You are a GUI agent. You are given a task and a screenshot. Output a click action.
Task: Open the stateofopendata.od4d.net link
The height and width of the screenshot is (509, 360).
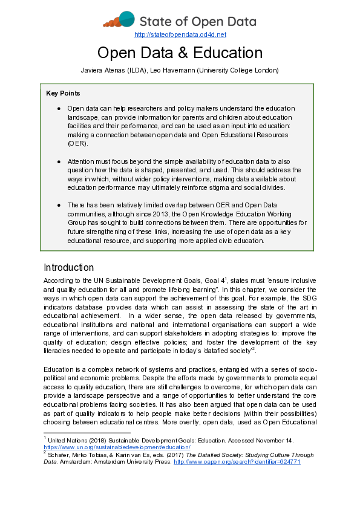[180, 35]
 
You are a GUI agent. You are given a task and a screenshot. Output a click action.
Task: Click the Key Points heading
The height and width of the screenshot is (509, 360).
[63, 93]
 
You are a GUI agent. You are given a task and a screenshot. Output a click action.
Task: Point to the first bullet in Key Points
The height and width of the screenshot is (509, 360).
[59, 108]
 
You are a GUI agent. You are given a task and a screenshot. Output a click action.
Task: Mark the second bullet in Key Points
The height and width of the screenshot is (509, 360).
[59, 162]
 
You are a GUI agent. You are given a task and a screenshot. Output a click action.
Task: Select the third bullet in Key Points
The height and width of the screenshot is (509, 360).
[59, 206]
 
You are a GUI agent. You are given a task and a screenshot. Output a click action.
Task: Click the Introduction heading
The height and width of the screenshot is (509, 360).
[68, 268]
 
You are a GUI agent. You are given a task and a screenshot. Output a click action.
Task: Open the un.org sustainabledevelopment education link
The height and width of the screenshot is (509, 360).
[117, 447]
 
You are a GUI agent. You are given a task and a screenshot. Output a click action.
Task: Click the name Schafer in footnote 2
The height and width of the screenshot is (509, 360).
[59, 455]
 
